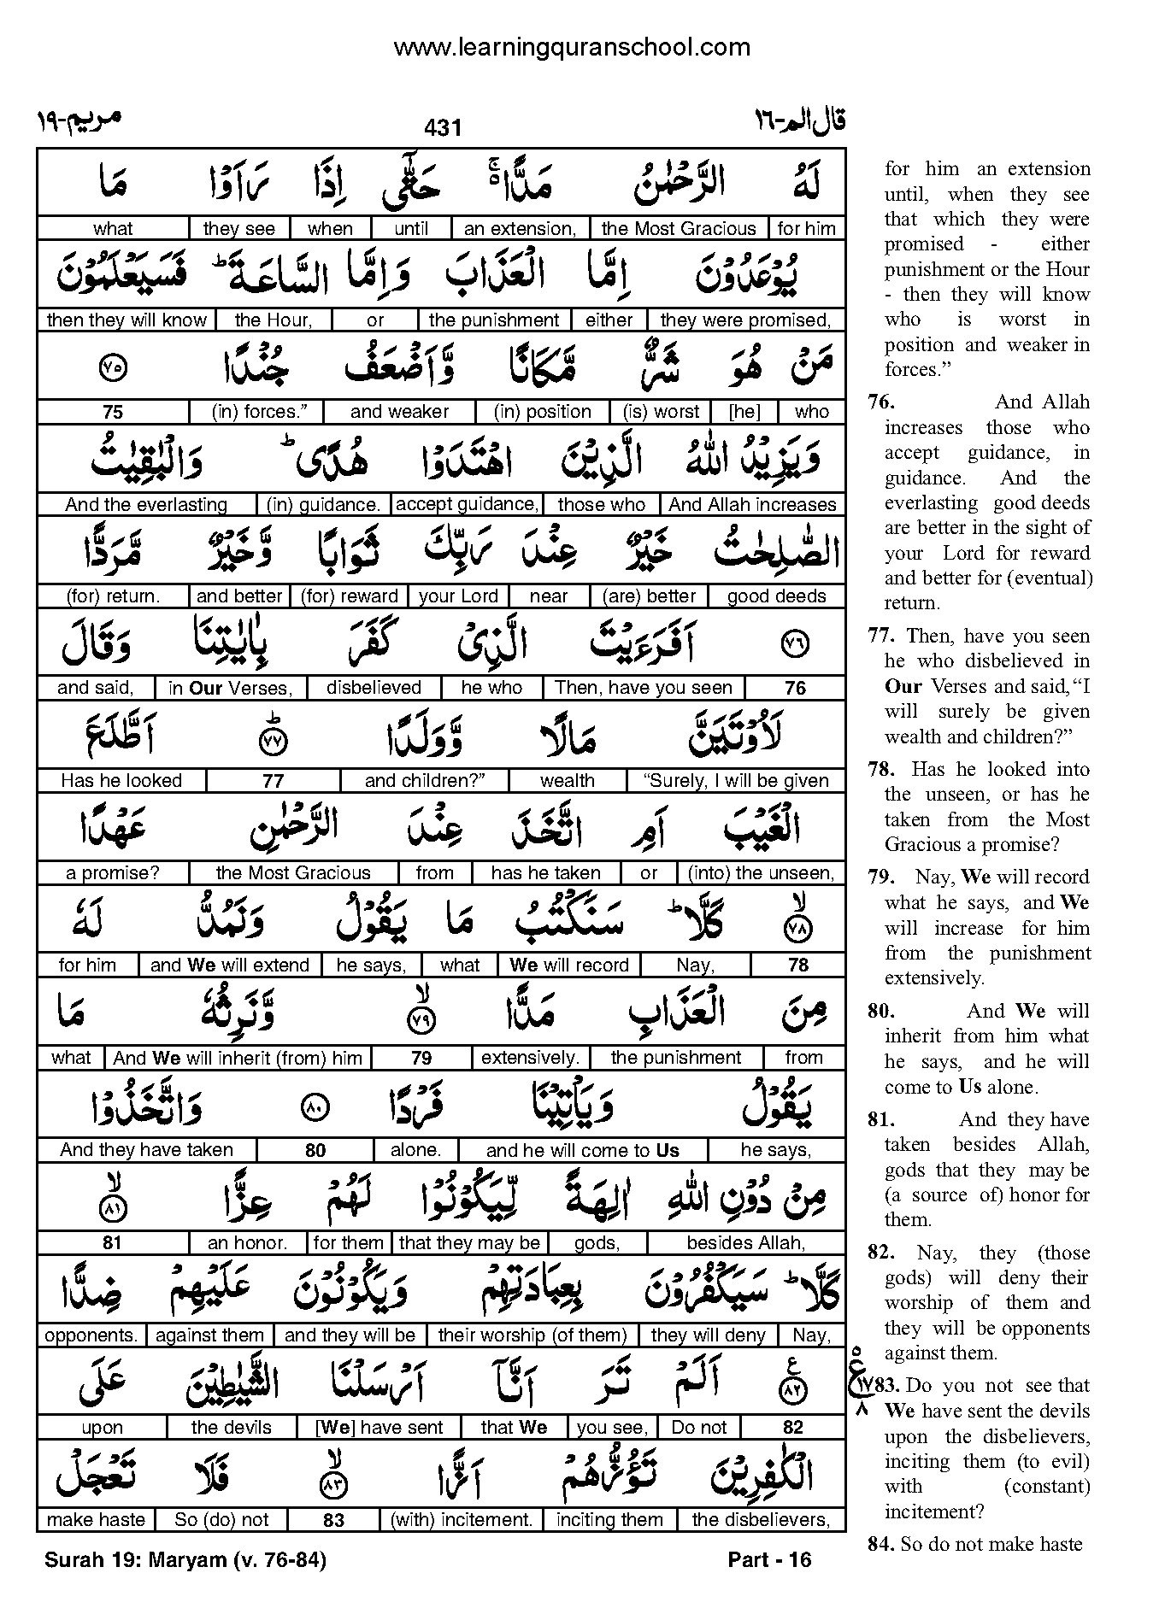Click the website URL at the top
[x=571, y=48]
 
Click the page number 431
[x=442, y=128]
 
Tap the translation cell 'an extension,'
[x=520, y=229]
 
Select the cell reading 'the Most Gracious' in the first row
[x=679, y=229]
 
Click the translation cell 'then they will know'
[x=127, y=320]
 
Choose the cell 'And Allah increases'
[x=751, y=504]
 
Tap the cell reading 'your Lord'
[x=458, y=596]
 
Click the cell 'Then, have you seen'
[x=644, y=688]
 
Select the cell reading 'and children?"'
[x=425, y=781]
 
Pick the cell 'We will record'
[x=569, y=965]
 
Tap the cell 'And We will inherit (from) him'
[x=238, y=1058]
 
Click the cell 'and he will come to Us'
[x=582, y=1151]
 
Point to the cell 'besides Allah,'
[x=745, y=1243]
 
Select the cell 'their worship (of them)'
[x=532, y=1335]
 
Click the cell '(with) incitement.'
[x=462, y=1520]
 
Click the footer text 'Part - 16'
[x=768, y=1560]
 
